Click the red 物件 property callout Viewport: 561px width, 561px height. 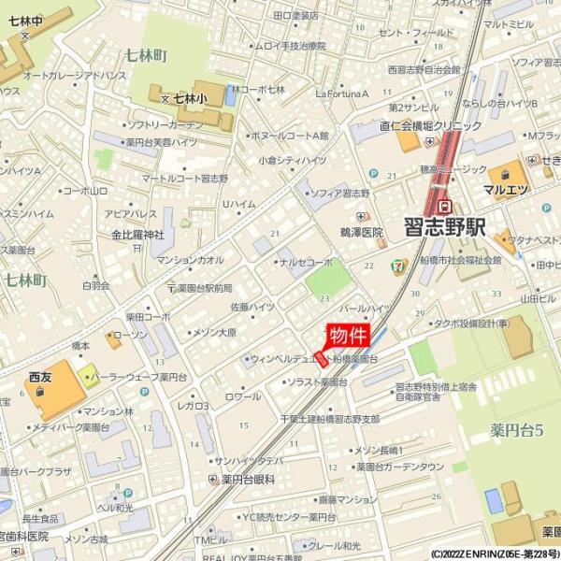point(348,335)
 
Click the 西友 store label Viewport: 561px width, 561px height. point(38,377)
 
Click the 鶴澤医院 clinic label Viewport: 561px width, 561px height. point(361,232)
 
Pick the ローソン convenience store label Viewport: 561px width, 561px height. point(130,334)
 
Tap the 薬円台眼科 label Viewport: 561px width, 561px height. point(248,479)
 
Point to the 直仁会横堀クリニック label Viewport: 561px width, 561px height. point(430,125)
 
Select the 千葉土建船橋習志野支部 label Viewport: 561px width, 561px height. point(330,418)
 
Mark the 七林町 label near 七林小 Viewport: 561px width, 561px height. point(146,56)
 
